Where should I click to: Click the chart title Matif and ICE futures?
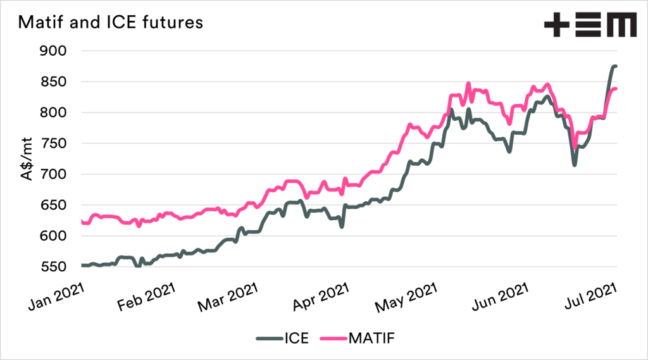111,23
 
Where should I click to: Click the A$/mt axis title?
28,159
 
